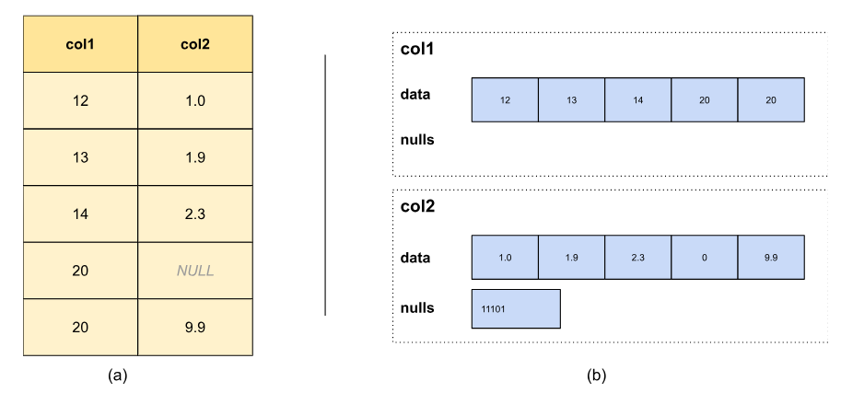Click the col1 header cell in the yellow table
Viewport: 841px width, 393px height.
click(80, 43)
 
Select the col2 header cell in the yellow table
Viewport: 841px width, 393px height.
click(194, 43)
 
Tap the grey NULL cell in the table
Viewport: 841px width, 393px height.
click(194, 271)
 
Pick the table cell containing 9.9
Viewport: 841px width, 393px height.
click(194, 327)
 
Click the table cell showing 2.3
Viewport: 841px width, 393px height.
click(194, 214)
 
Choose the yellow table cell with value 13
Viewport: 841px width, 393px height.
click(80, 156)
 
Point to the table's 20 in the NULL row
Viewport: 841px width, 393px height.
click(80, 271)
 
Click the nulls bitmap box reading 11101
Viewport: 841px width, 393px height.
click(515, 309)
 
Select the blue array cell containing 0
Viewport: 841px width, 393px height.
click(704, 258)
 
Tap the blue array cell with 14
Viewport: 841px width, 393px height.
click(637, 99)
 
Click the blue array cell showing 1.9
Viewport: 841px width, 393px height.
click(571, 258)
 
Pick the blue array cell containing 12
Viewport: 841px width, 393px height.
click(504, 99)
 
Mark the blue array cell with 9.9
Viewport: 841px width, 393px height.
click(771, 258)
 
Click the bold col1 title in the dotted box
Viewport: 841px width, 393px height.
click(419, 49)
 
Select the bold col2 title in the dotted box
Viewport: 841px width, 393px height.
click(419, 206)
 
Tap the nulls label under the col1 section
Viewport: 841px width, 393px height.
click(417, 141)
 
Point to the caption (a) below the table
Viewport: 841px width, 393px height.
click(117, 375)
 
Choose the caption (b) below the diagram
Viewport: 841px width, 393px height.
click(597, 375)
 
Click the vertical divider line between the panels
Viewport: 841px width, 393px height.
click(325, 184)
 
